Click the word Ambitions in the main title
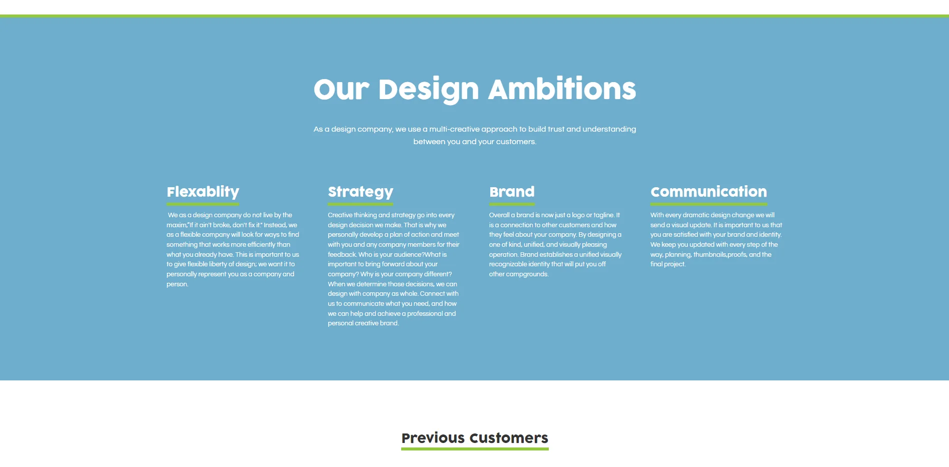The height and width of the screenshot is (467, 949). click(x=562, y=89)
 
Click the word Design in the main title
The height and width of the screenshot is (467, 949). click(x=429, y=90)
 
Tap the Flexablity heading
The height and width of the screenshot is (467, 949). click(x=203, y=192)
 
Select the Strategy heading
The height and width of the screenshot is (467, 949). click(x=360, y=192)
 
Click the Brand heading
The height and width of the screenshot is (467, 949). click(x=512, y=192)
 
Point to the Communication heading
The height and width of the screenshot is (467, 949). click(x=708, y=192)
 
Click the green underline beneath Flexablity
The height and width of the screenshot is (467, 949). click(x=203, y=204)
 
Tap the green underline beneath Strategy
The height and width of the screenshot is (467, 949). click(x=360, y=204)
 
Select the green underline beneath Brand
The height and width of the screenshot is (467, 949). click(x=512, y=204)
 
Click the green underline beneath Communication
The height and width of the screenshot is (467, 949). click(x=708, y=204)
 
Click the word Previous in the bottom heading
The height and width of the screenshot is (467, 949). click(x=433, y=438)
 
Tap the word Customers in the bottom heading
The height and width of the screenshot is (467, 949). click(x=509, y=438)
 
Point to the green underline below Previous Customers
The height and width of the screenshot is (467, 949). click(x=475, y=449)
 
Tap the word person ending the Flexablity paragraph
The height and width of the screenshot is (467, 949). click(x=177, y=284)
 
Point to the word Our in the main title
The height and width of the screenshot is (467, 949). click(x=341, y=90)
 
